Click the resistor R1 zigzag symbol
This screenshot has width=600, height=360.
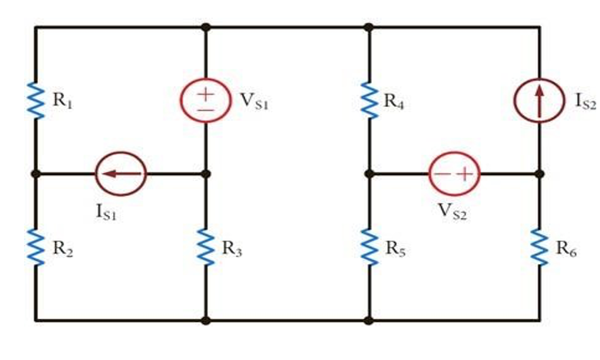(x=36, y=100)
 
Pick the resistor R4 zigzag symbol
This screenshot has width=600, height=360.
(x=369, y=100)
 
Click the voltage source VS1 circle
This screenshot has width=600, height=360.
(x=205, y=100)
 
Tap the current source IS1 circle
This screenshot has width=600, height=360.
(x=121, y=173)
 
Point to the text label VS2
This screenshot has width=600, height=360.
(x=453, y=213)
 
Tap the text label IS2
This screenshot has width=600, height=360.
(x=585, y=102)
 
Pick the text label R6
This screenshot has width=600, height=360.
(x=566, y=248)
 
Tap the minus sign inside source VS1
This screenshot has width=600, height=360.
(x=205, y=109)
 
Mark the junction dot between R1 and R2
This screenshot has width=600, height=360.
(x=36, y=173)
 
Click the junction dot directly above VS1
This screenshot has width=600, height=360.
(x=205, y=27)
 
